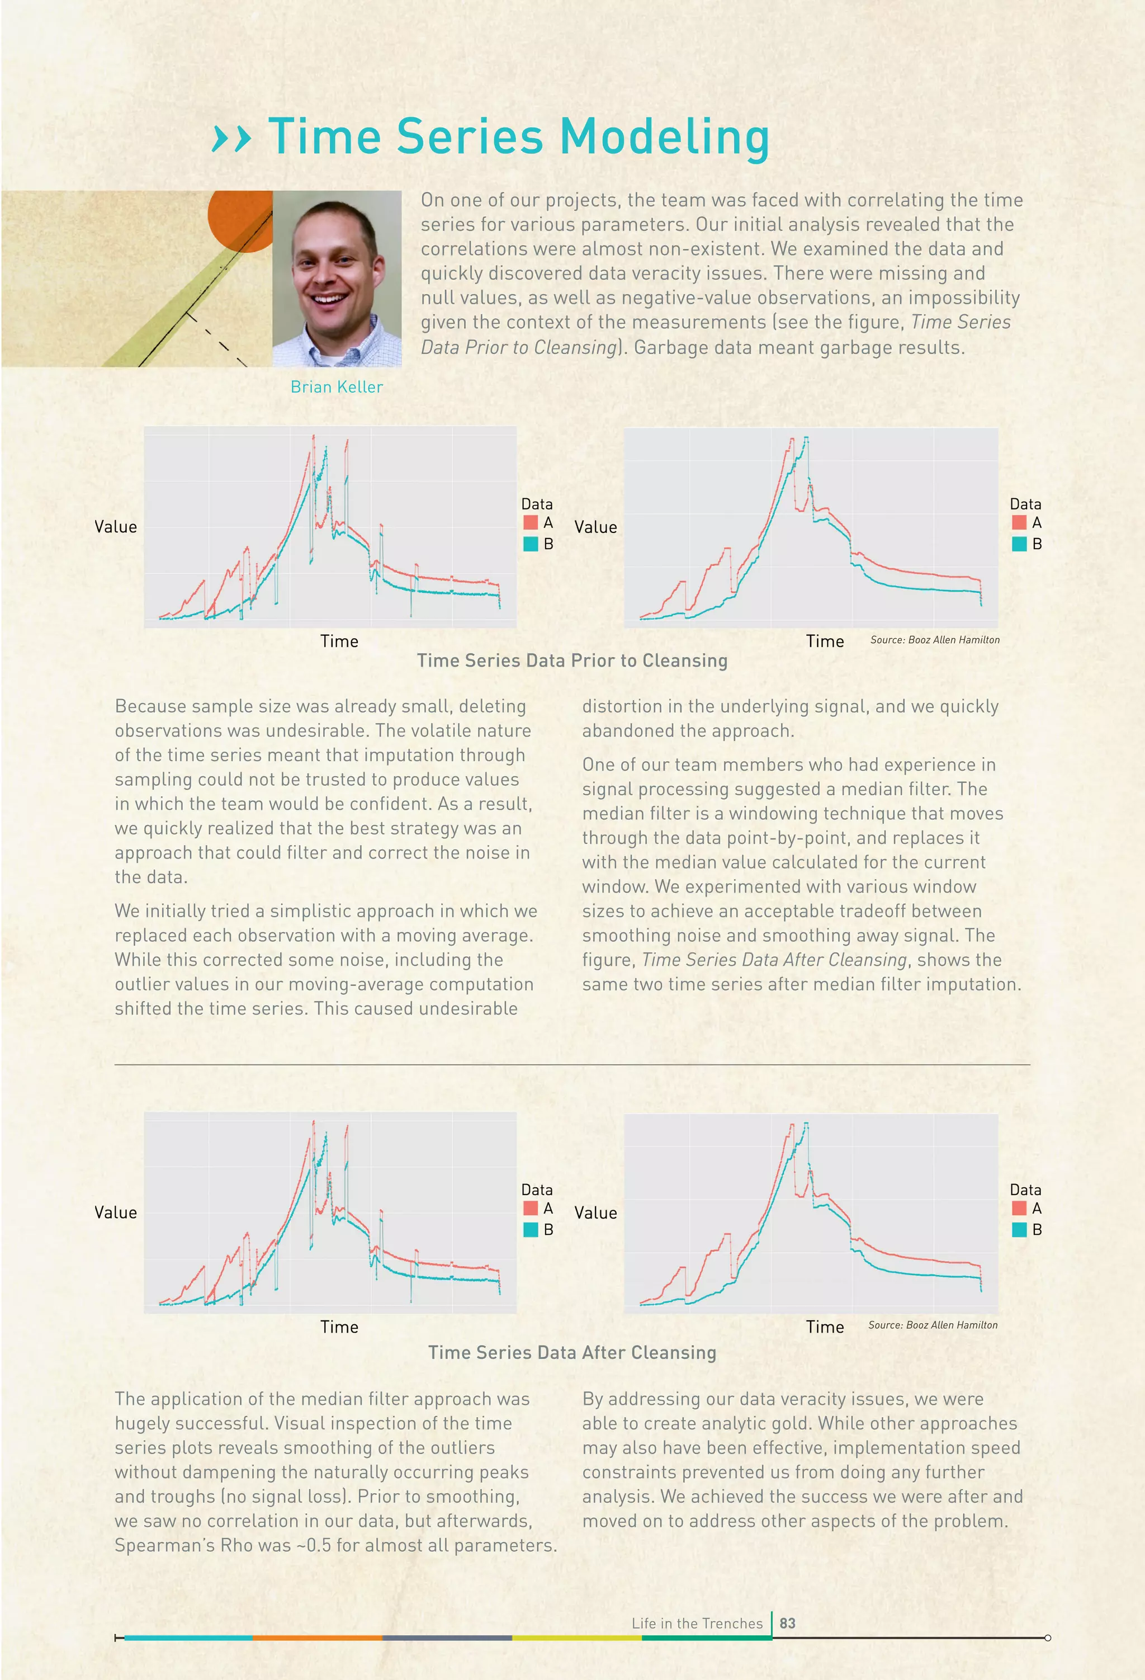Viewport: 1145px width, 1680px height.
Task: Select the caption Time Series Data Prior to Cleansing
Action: click(x=572, y=660)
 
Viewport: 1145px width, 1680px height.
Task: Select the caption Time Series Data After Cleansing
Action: click(x=572, y=1352)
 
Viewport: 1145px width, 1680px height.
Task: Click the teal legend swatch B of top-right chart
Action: click(x=1019, y=544)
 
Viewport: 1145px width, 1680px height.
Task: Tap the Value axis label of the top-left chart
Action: click(x=116, y=527)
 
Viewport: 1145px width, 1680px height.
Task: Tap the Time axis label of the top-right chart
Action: click(x=825, y=641)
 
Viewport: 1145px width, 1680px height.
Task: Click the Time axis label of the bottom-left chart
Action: click(x=339, y=1327)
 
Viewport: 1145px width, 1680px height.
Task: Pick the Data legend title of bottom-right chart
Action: click(x=1025, y=1190)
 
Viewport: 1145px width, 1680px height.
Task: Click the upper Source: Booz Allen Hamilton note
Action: click(x=935, y=640)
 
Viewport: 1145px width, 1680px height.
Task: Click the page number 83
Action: click(x=787, y=1623)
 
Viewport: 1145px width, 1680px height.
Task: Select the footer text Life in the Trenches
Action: click(x=697, y=1624)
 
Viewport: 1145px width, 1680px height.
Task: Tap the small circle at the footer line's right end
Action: click(x=1047, y=1638)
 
